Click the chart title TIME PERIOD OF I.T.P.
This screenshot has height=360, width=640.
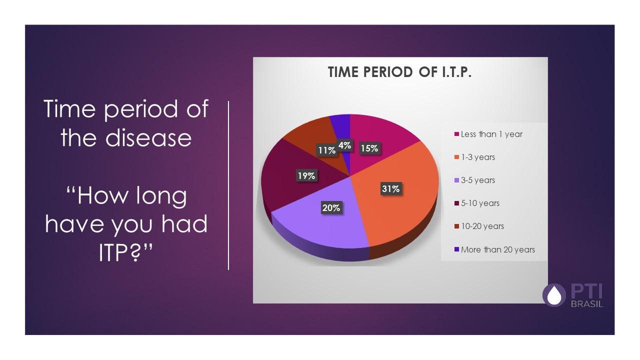click(400, 72)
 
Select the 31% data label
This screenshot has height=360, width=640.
click(391, 189)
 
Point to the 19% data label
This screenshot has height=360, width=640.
click(305, 175)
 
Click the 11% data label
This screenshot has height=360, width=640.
click(325, 149)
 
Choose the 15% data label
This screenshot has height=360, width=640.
click(369, 148)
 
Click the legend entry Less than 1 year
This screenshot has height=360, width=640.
click(491, 134)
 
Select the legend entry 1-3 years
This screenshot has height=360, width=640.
click(477, 157)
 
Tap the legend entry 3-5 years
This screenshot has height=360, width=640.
click(477, 180)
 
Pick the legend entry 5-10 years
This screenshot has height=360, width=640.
click(480, 203)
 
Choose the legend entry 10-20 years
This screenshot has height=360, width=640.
click(482, 226)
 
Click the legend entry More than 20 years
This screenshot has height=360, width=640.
click(497, 249)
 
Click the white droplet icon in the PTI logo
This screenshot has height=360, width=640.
click(553, 295)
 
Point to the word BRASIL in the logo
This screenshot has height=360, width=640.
click(587, 304)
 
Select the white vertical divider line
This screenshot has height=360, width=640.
click(228, 185)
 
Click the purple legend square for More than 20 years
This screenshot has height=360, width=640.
click(456, 249)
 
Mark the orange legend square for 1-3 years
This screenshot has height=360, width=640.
click(456, 157)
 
